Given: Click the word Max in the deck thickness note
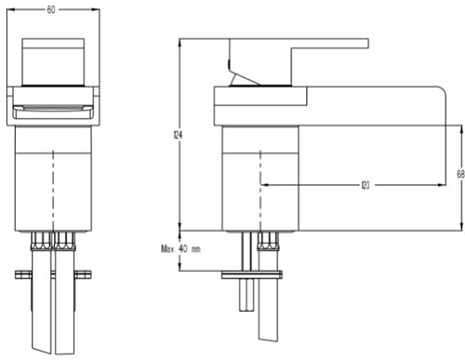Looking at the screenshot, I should [x=167, y=249].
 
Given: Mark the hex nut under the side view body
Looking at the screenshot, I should [x=263, y=243].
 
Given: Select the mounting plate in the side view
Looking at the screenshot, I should [x=250, y=274].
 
